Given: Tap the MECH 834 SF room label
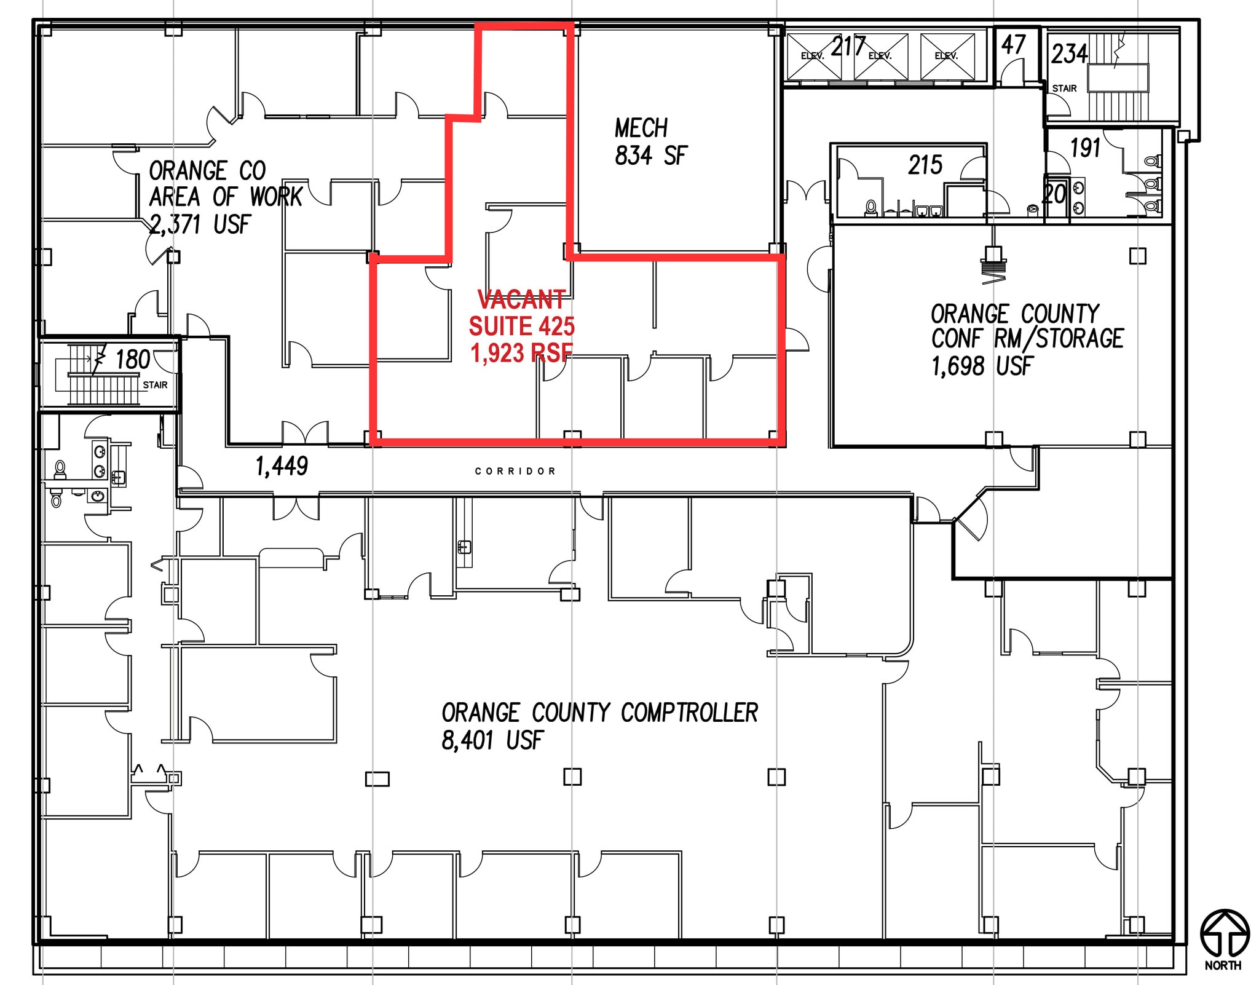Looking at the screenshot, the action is [x=651, y=141].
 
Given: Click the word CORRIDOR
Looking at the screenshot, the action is [x=515, y=471].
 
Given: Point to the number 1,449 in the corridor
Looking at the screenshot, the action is [x=282, y=467].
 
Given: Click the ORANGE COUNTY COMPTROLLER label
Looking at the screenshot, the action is [x=599, y=713].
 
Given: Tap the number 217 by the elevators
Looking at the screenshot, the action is [x=848, y=47].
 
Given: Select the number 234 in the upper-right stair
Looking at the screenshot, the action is [x=1069, y=53].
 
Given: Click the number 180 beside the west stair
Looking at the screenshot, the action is [x=133, y=360].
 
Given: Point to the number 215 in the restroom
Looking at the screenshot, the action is [x=925, y=165].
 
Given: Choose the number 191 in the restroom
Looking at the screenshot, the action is [x=1085, y=148].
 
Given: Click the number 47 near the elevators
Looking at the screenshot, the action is [x=1013, y=44].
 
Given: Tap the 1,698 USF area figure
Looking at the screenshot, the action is [x=982, y=366].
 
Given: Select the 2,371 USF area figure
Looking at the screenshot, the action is [x=200, y=224].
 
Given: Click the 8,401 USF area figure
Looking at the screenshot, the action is [x=492, y=740].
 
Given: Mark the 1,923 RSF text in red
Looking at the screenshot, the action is [x=521, y=353].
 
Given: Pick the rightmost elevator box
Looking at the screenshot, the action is [x=947, y=57].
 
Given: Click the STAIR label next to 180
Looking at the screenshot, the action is [x=155, y=385].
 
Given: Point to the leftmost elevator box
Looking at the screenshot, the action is [x=815, y=57].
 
